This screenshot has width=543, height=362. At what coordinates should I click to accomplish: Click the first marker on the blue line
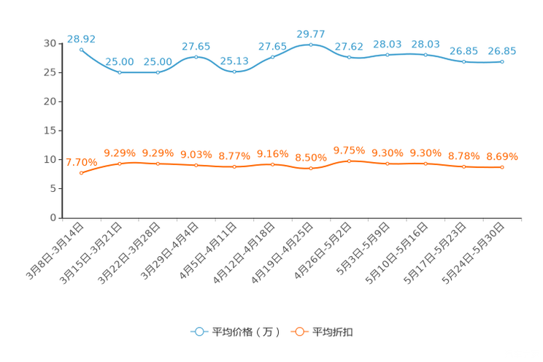81,49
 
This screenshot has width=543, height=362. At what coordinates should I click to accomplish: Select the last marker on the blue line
502,62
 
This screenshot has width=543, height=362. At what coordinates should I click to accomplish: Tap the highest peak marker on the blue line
311,45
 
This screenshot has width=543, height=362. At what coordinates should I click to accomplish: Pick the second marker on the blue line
120,72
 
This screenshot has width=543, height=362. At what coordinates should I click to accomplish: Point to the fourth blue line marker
196,56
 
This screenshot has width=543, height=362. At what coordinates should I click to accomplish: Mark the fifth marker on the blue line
234,72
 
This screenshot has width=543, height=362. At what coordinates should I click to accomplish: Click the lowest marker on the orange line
81,173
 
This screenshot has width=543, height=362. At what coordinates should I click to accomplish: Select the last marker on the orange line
502,167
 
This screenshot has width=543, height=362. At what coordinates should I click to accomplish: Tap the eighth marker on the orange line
349,161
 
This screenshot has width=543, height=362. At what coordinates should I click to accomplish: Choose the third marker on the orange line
158,163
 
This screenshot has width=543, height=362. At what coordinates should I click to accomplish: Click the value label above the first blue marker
81,38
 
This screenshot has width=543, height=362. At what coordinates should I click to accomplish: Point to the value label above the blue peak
311,34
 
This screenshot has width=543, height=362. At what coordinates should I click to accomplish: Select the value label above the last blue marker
502,51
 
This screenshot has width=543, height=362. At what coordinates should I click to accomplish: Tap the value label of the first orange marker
81,162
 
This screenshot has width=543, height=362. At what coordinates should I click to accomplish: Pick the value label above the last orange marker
502,156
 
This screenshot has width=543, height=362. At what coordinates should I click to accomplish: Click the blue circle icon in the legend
199,331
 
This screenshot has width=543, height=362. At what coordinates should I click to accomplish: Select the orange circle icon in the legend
299,331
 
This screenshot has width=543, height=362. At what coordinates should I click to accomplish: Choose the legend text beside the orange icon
334,332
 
